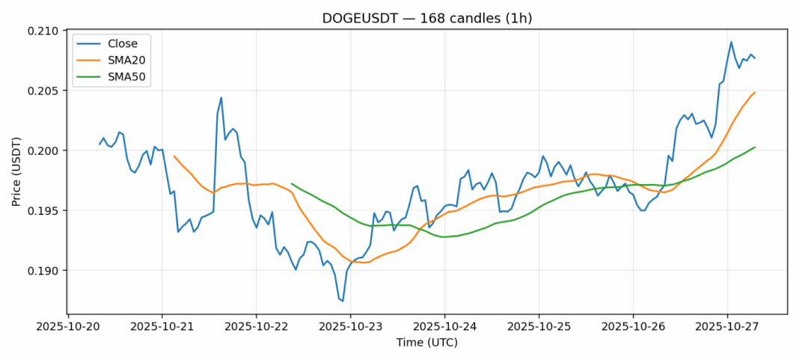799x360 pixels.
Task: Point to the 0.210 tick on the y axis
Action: point(44,31)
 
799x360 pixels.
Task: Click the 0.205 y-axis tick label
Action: point(44,91)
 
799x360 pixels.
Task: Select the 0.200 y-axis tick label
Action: point(44,150)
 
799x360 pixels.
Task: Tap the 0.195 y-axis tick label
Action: point(44,210)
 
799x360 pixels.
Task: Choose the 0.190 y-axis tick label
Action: point(44,270)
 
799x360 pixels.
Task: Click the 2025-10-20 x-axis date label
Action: point(68,326)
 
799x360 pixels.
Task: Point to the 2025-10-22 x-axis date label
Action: point(257,326)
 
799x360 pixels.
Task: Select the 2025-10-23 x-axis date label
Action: point(350,326)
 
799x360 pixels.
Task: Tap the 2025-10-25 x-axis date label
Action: point(539,326)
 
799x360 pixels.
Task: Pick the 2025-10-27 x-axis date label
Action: point(727,326)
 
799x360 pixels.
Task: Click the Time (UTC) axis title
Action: point(427,343)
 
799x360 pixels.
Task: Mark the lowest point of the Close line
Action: point(343,301)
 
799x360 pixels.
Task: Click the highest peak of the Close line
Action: point(731,42)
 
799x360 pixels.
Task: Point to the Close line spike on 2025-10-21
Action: point(221,97)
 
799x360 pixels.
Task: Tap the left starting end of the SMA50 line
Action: point(292,183)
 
